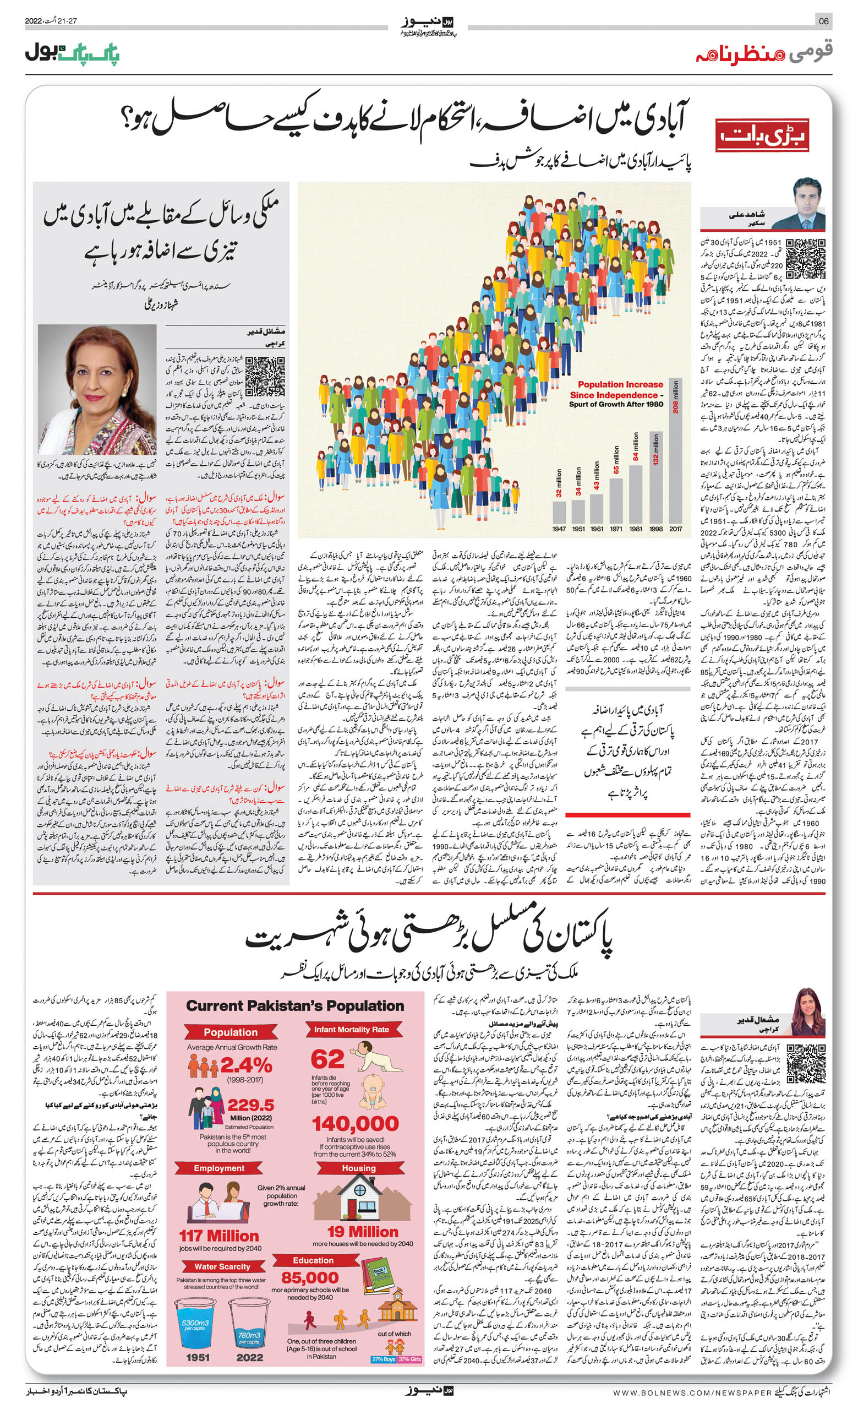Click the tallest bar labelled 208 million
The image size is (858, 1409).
click(675, 451)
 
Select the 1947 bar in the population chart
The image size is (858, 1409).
click(559, 512)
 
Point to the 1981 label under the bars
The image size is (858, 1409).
click(636, 529)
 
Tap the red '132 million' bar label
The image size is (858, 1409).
click(655, 449)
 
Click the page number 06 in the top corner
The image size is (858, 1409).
click(824, 21)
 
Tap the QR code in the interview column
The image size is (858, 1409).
click(265, 376)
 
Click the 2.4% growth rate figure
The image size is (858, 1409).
click(246, 1065)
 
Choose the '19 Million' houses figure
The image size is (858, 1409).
click(362, 1232)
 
